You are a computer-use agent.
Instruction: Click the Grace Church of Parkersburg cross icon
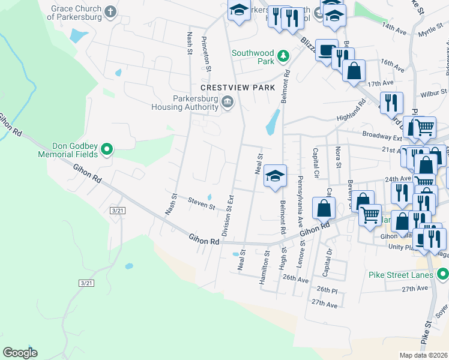(x=110, y=11)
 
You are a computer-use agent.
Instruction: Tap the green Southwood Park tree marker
(x=282, y=57)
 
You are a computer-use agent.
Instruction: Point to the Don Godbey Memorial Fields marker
(x=107, y=149)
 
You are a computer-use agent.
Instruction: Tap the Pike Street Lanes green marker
(x=442, y=275)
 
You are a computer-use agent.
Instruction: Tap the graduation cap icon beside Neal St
(x=275, y=175)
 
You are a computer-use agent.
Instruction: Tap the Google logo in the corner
(x=20, y=352)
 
